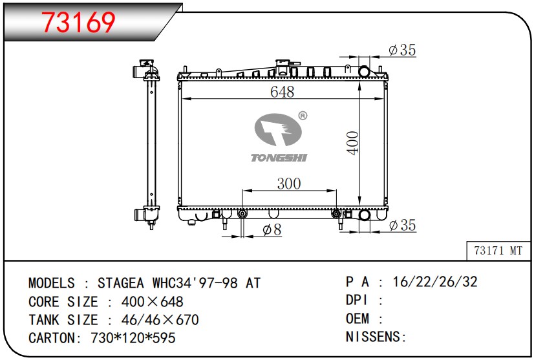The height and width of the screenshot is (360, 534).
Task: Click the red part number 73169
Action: [78, 23]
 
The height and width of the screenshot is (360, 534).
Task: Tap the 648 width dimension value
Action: [282, 92]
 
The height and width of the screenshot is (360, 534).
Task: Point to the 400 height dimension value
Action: [353, 143]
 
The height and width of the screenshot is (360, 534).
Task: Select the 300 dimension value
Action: [289, 184]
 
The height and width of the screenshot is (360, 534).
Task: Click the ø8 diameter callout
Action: [272, 230]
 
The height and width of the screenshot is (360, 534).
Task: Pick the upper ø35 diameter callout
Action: [402, 50]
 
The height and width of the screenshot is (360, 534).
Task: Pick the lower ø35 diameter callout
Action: [402, 225]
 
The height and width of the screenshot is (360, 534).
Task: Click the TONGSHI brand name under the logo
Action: [279, 158]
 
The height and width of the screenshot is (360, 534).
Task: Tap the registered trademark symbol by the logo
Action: [303, 116]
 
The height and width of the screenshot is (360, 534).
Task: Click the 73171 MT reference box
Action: [498, 251]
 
